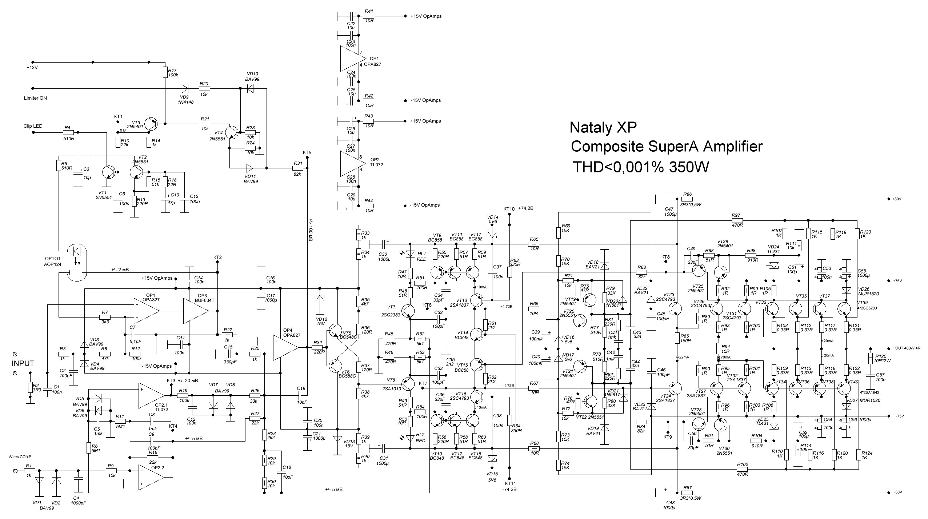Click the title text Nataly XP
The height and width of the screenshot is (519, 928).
[x=603, y=128]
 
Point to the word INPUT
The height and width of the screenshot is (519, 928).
[x=23, y=363]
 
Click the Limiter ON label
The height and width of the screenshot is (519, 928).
[x=35, y=98]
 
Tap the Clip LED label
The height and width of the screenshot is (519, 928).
[x=33, y=126]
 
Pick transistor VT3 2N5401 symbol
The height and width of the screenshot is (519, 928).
[x=151, y=124]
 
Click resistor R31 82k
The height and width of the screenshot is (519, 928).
[x=297, y=168]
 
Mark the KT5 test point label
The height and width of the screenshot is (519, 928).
[x=307, y=152]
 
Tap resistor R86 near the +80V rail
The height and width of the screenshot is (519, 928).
[x=687, y=199]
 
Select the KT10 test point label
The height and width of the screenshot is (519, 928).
[x=509, y=209]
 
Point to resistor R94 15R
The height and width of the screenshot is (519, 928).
[x=719, y=349]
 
